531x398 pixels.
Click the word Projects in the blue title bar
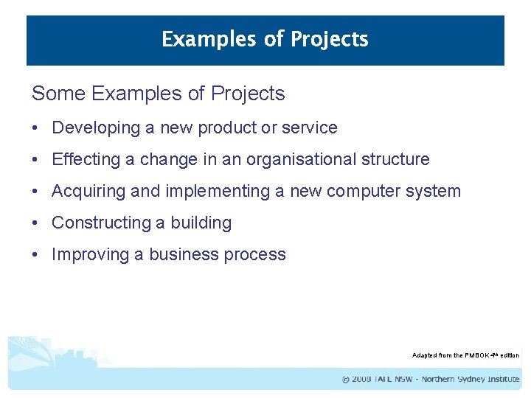(x=329, y=39)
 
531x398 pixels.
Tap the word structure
(x=395, y=159)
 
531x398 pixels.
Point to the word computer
(x=363, y=192)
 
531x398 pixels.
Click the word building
(x=201, y=223)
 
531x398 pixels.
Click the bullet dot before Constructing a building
(x=35, y=223)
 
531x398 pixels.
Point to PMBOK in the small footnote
(x=477, y=355)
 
